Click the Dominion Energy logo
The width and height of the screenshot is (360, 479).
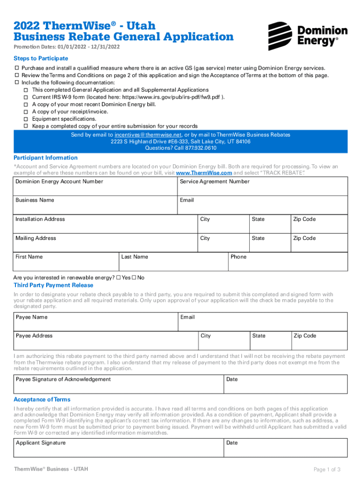pos(308,36)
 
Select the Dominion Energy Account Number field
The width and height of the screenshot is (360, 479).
pos(95,187)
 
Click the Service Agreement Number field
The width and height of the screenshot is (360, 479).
pos(263,187)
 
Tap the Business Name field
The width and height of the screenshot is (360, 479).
pos(95,205)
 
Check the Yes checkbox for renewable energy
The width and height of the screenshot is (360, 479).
pos(118,278)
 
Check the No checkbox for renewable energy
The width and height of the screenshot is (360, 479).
pos(134,278)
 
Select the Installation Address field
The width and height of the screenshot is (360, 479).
pos(105,224)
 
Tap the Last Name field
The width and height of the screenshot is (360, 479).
pos(173,262)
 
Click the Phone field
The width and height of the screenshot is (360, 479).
pos(288,262)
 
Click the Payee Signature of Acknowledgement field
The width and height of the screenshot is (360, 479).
pos(118,385)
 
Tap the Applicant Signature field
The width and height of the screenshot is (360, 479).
pos(118,448)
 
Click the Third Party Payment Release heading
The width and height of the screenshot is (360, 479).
pos(53,285)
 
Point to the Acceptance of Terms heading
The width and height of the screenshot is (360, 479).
pos(42,399)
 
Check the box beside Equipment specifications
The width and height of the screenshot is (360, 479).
pos(26,119)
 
